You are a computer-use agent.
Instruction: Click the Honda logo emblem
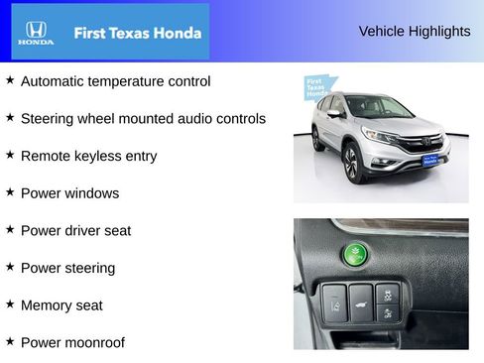click(x=36, y=32)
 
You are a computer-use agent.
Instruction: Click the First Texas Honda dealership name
click(x=138, y=33)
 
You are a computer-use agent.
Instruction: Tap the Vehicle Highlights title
click(x=414, y=32)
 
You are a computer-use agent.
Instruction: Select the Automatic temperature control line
click(x=115, y=81)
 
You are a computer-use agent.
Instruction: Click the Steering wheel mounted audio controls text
click(x=143, y=119)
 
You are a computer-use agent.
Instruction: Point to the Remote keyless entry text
click(x=88, y=156)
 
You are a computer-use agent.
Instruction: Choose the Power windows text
click(x=69, y=193)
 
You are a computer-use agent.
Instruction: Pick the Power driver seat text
click(x=75, y=231)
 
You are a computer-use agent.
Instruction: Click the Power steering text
click(x=67, y=268)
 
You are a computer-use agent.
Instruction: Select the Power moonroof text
click(x=72, y=343)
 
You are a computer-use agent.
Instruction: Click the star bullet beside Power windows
click(x=10, y=192)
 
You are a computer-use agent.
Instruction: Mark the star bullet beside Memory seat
click(x=10, y=304)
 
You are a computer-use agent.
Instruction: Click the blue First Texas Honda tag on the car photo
click(x=316, y=90)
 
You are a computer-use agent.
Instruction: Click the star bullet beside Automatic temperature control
click(x=10, y=80)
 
